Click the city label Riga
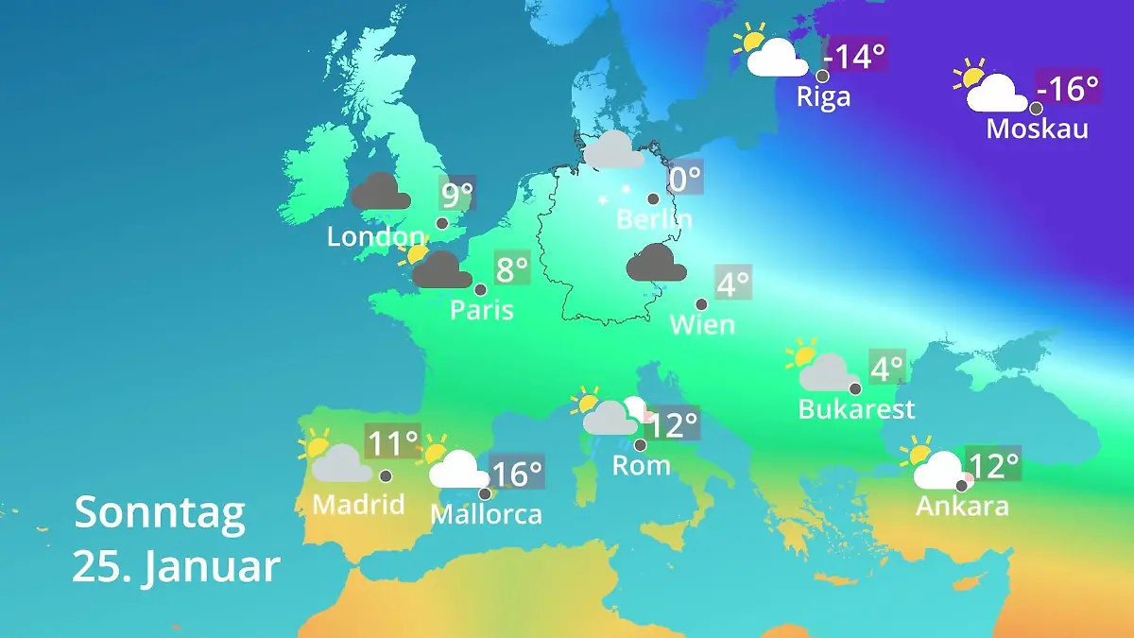click(823, 96)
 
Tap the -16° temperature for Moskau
click(1068, 89)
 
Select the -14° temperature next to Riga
click(855, 57)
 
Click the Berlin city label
click(654, 219)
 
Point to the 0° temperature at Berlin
click(685, 177)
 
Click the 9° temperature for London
click(456, 196)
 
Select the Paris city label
click(482, 309)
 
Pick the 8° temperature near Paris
click(511, 270)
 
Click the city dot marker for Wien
click(701, 304)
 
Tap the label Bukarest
click(856, 409)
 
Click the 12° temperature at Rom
click(673, 424)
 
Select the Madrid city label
click(358, 505)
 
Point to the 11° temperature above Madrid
click(392, 441)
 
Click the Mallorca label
click(486, 514)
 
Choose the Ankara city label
click(962, 507)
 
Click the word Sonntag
click(160, 513)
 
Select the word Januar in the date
click(212, 567)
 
